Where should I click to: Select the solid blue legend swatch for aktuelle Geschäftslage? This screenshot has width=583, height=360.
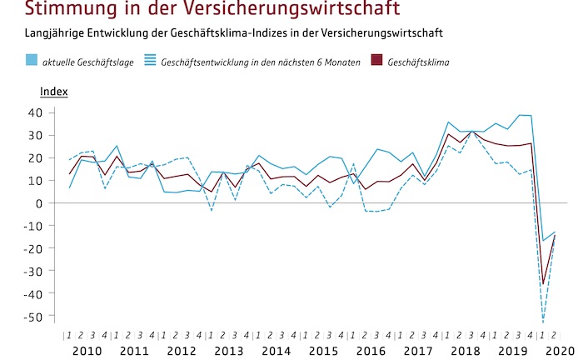31,60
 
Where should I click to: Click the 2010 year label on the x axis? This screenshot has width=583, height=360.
87,351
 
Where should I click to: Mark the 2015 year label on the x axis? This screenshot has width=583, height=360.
324,351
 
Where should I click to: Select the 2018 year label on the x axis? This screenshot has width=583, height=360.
466,351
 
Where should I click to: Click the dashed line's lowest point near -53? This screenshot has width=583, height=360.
543,322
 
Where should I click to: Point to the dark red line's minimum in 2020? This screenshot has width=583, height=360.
543,284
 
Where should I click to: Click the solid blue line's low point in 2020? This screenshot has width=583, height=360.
543,241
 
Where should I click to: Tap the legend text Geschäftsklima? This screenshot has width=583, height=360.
419,61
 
